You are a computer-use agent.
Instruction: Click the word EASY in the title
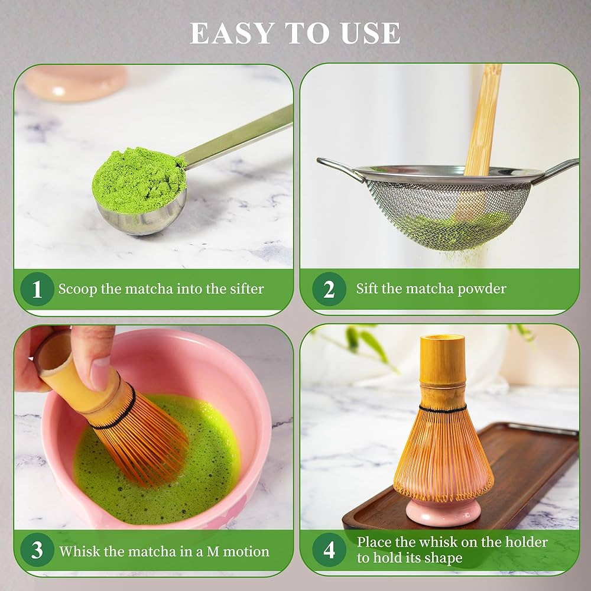coord(232,33)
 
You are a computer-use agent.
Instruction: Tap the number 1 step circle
coord(37,289)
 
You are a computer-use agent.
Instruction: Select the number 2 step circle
coord(329,289)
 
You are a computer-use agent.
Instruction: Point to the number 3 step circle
coord(37,550)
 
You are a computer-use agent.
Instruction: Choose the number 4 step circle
coord(329,550)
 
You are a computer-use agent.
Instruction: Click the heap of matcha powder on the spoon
coord(139,180)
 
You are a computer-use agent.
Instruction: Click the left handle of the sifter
coord(339,168)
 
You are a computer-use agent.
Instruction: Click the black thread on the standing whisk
coord(443,409)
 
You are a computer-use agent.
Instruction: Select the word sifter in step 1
coord(246,289)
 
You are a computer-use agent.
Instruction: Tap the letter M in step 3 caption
coord(213,551)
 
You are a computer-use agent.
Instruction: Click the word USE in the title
coord(370,33)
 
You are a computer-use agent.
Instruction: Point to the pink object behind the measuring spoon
coord(76,83)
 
